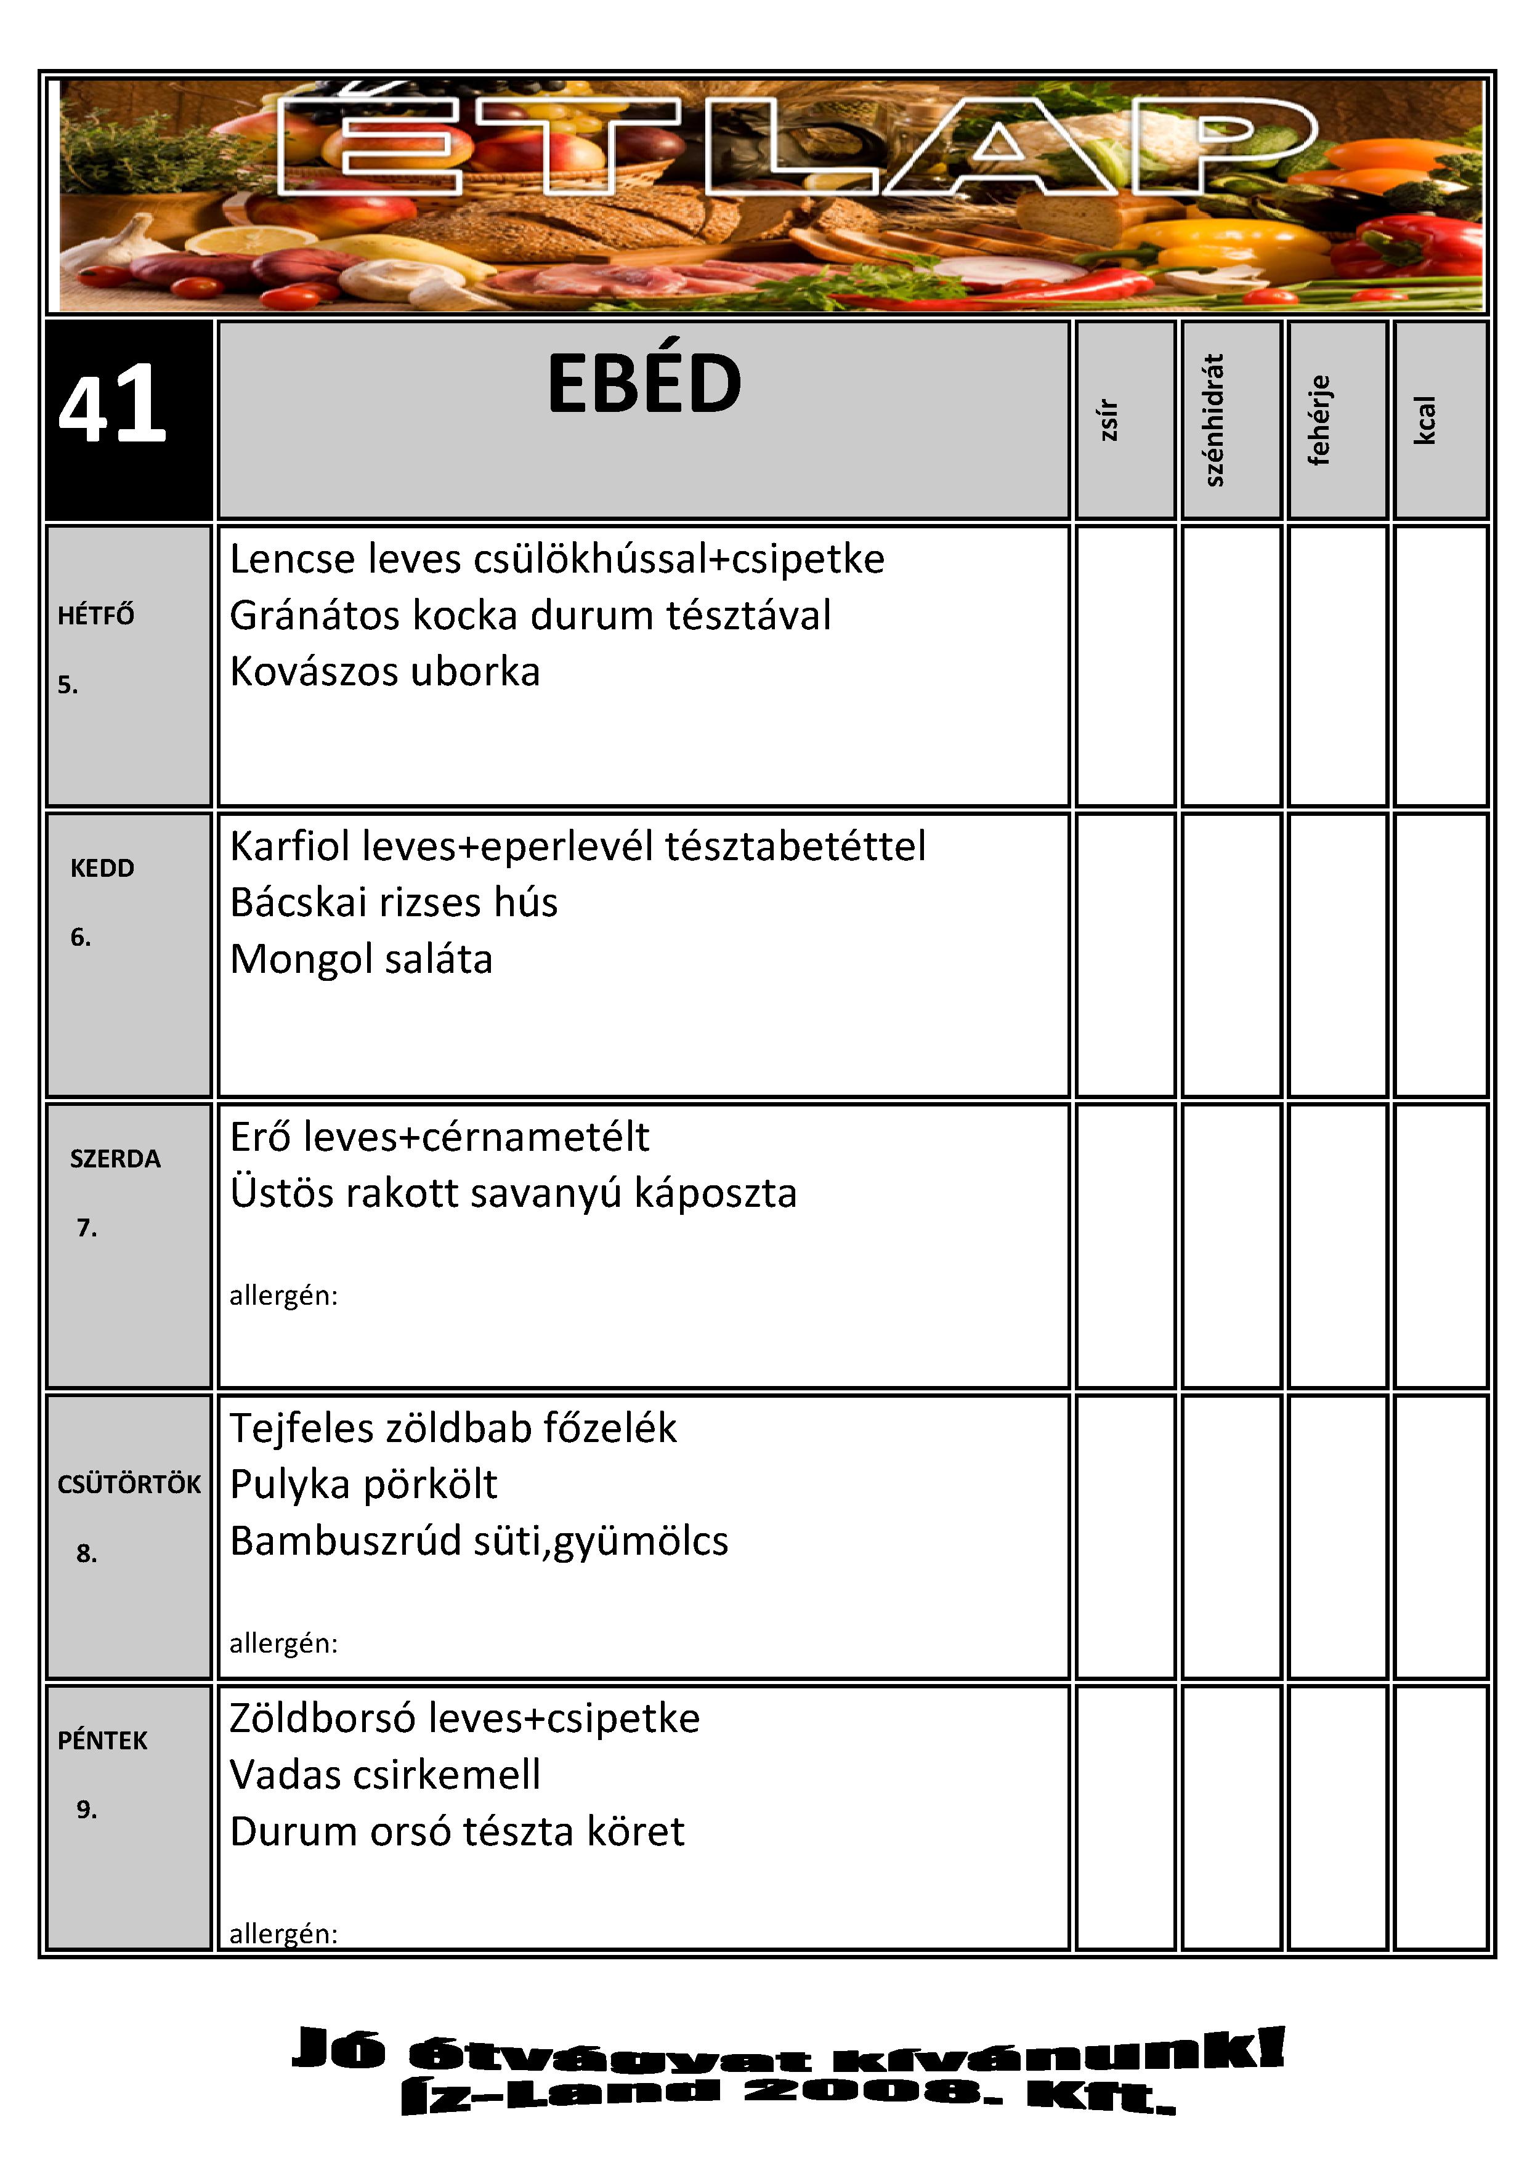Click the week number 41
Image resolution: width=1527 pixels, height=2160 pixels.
(113, 405)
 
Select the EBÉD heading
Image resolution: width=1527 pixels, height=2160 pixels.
(644, 384)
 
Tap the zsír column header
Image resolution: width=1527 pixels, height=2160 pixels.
(1109, 419)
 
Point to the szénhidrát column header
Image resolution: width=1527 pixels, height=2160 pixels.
(1215, 419)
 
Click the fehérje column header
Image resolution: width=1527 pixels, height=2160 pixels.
(1320, 419)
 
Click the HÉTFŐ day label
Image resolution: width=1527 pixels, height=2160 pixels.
(96, 615)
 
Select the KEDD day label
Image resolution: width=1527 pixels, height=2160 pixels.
(102, 868)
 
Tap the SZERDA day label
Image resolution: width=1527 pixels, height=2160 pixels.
(115, 1158)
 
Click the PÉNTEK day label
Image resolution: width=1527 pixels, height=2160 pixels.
(102, 1741)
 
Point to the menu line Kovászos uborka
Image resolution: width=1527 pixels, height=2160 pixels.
(385, 672)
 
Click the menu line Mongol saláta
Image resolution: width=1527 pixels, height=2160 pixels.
(362, 959)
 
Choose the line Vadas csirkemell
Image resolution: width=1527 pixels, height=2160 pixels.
(385, 1775)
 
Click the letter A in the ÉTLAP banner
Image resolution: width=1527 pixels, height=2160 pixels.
(999, 148)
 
